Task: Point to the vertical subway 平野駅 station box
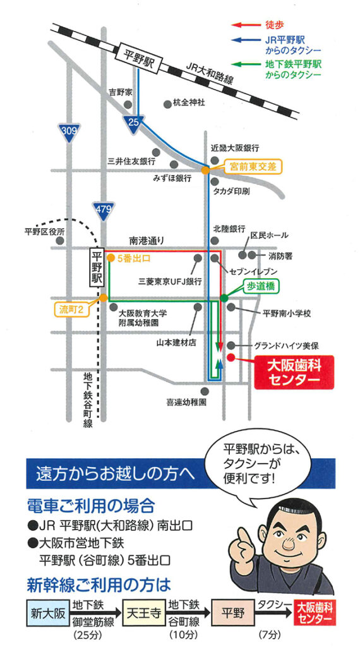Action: tap(97, 268)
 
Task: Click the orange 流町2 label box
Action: tap(73, 311)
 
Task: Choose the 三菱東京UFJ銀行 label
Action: tap(170, 280)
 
